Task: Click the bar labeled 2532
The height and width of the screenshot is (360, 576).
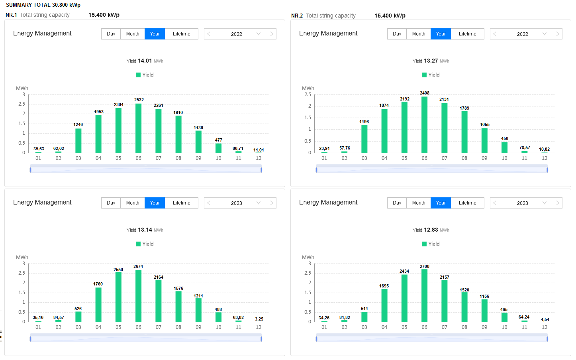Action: [x=138, y=128]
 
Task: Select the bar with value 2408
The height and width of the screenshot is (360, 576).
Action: [x=424, y=124]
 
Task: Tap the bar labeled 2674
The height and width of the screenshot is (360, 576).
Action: [x=138, y=296]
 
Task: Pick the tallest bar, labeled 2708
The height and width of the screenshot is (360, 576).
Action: [x=424, y=295]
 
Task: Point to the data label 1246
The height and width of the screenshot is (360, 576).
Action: [x=78, y=124]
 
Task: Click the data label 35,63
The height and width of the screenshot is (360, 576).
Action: [x=39, y=149]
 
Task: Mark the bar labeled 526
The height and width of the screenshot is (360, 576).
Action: [x=78, y=317]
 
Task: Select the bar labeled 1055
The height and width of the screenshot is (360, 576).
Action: [x=484, y=140]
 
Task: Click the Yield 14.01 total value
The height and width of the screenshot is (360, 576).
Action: [x=145, y=61]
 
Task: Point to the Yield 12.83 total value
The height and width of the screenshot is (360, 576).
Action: [x=431, y=230]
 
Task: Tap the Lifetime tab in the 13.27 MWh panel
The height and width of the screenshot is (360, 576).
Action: [x=467, y=34]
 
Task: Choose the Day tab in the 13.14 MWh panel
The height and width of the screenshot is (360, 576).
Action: [x=111, y=203]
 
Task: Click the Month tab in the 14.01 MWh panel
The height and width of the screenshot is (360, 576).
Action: [x=133, y=34]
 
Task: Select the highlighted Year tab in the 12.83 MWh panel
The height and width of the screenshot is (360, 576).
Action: [x=441, y=203]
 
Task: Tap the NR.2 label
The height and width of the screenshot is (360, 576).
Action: [x=297, y=16]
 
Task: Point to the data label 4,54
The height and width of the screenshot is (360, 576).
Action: [x=545, y=319]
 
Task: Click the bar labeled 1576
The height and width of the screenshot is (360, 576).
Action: [x=178, y=306]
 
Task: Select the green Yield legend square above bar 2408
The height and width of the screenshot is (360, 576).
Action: [x=424, y=75]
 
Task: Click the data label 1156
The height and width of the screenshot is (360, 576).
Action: [x=484, y=296]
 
